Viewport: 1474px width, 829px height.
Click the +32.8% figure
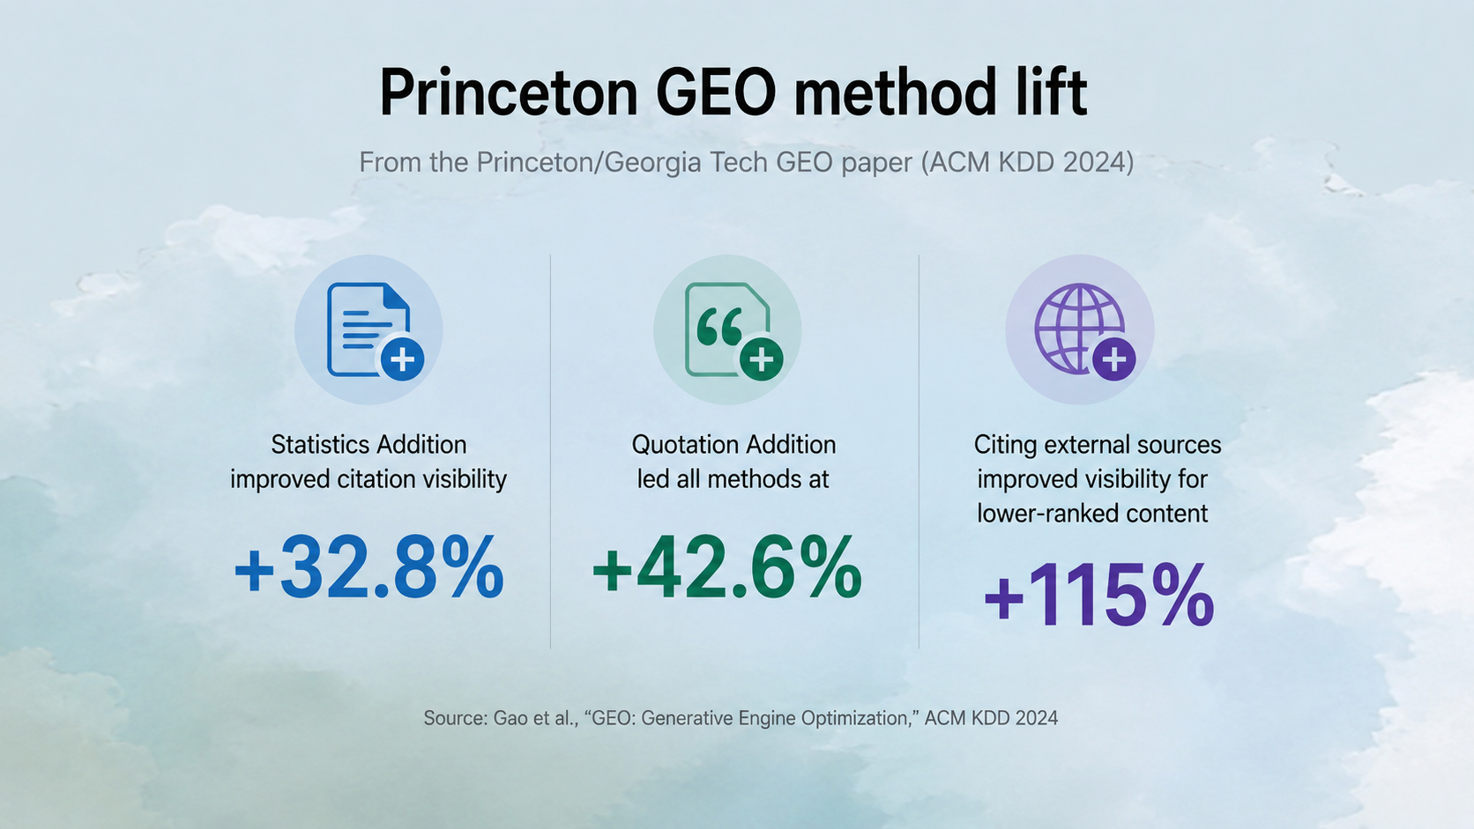pyautogui.click(x=369, y=566)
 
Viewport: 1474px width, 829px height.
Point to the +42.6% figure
pyautogui.click(x=727, y=566)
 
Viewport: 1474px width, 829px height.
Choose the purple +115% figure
pyautogui.click(x=1099, y=595)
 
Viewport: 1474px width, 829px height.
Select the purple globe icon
pyautogui.click(x=1079, y=329)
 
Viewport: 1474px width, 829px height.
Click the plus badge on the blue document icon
pyautogui.click(x=403, y=359)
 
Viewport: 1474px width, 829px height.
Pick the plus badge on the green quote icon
pyautogui.click(x=762, y=359)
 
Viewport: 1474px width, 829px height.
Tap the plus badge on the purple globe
pyautogui.click(x=1114, y=359)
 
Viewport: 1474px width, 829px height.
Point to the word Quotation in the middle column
pyautogui.click(x=679, y=445)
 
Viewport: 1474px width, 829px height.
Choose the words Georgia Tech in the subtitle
pyautogui.click(x=687, y=162)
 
